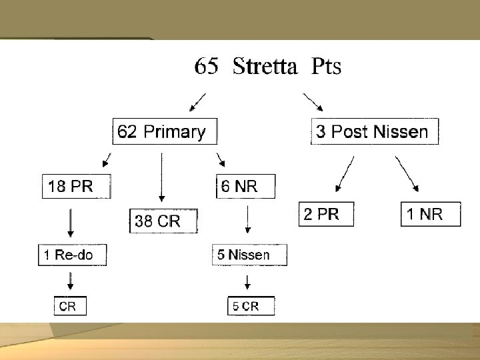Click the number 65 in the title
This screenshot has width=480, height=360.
pos(206,67)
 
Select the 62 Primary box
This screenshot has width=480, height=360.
pos(164,131)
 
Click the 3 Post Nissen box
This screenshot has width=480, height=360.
pos(375,131)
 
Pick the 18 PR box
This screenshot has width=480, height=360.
pos(75,186)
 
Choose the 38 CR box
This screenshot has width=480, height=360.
pos(163,221)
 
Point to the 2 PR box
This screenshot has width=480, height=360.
pos(326,215)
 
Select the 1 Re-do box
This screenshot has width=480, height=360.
pos(72,255)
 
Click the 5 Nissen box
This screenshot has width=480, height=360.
pos(249,255)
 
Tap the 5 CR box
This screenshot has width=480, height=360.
pos(251,306)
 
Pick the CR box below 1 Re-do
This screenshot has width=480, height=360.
pos(70,306)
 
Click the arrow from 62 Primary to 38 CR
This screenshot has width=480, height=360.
pos(161,177)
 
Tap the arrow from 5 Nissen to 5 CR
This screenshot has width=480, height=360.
pos(247,280)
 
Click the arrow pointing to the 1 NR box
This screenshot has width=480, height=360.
pos(407,175)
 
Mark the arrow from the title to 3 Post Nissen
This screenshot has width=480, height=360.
pos(314,103)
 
